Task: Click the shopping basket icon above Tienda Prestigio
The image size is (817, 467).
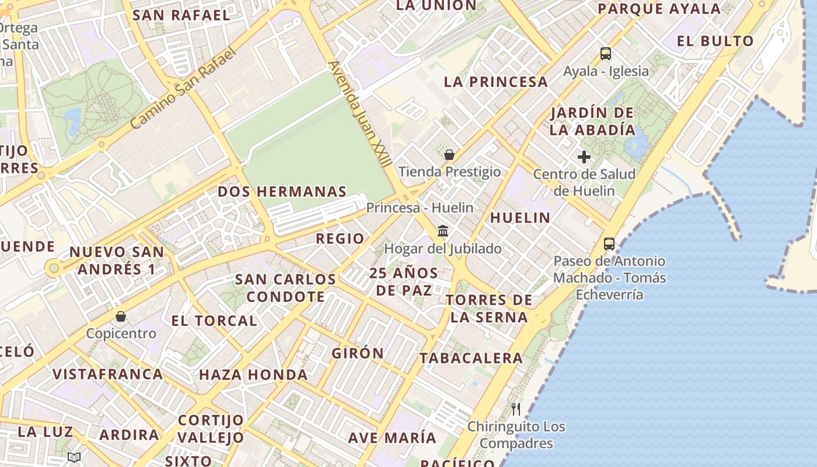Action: click(449, 155)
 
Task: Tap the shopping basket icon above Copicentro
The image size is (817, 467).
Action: click(121, 316)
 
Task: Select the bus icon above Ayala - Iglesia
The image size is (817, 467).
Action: click(606, 54)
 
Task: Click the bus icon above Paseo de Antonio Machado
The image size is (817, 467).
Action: click(609, 243)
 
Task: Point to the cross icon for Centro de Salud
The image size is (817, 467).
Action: click(584, 157)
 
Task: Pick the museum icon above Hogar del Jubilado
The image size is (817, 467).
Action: click(443, 231)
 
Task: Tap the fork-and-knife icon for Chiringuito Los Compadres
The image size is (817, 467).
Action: click(515, 409)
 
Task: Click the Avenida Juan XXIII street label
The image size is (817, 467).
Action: click(359, 114)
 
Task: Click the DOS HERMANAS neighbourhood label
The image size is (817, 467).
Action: click(282, 191)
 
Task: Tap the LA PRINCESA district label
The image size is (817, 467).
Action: click(496, 82)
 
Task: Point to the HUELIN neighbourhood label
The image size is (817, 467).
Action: click(520, 218)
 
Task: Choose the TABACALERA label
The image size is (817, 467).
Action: click(471, 358)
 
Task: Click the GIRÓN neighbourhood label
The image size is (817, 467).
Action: click(358, 353)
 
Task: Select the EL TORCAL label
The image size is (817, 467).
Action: click(214, 320)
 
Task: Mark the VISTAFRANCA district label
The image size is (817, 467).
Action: click(108, 374)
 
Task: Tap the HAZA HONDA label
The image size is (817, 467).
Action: click(253, 375)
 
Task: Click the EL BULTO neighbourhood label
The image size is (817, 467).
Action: click(715, 41)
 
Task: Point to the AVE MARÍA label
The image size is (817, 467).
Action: click(392, 438)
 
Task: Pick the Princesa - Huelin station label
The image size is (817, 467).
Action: click(420, 208)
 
